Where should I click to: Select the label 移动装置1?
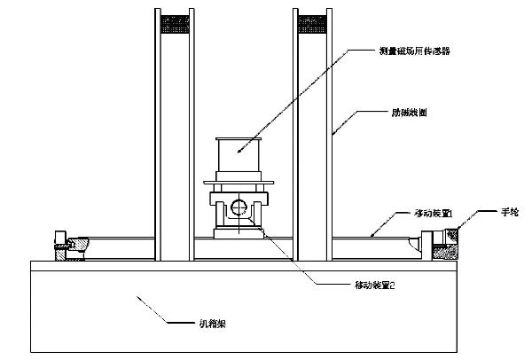(x=434, y=214)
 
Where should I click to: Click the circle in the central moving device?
(x=238, y=209)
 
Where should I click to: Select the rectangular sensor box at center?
(x=238, y=157)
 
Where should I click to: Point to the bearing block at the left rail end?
(x=67, y=246)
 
